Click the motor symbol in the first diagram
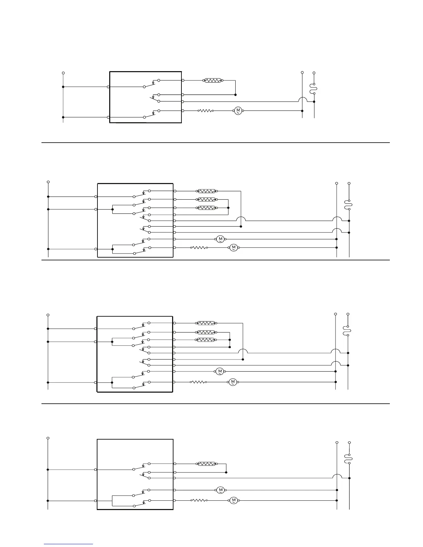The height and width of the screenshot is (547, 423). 238,111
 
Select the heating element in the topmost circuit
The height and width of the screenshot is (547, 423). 213,80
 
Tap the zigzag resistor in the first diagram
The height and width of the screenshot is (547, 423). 205,111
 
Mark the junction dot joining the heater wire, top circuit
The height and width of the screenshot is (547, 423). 235,95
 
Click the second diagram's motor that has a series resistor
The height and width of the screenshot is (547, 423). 234,248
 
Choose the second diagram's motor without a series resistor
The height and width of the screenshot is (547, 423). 220,239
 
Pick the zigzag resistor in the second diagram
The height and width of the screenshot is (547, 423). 199,248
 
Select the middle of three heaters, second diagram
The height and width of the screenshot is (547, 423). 207,200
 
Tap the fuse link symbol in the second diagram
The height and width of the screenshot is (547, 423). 349,205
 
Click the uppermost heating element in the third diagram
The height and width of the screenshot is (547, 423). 206,323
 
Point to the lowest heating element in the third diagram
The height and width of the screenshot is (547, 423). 206,340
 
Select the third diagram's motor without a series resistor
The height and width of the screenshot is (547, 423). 220,372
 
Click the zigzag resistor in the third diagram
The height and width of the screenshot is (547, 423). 199,382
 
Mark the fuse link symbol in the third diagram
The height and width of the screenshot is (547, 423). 348,330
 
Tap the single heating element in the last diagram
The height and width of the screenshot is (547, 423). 207,464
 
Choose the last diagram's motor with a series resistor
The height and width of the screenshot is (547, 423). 233,500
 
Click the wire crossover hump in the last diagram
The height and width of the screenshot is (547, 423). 337,476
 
